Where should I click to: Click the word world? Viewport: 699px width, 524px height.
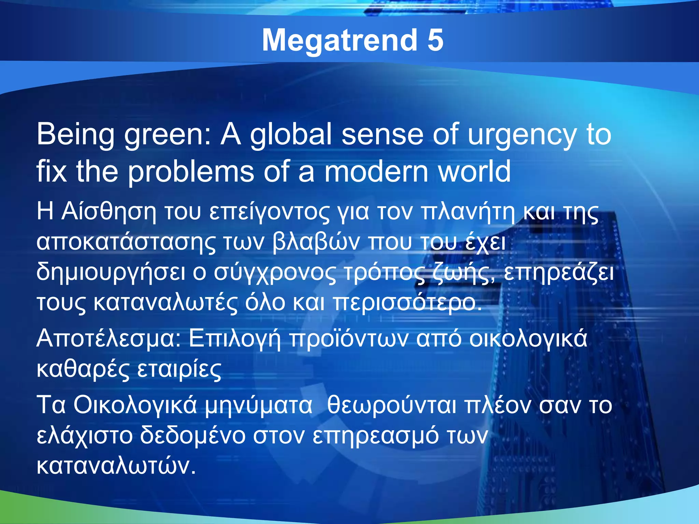click(x=474, y=171)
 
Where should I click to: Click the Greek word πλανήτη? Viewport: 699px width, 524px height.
click(x=468, y=212)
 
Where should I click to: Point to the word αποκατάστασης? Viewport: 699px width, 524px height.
click(x=126, y=242)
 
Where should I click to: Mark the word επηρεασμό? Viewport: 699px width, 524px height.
click(x=376, y=436)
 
